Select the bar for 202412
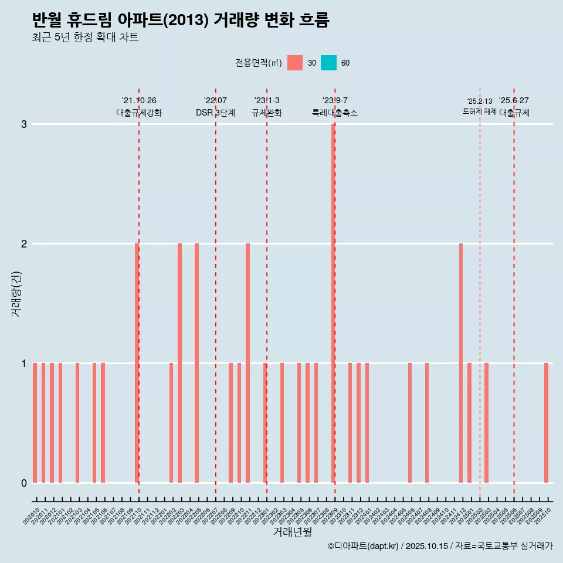(x=461, y=364)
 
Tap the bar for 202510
(x=546, y=422)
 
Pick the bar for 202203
(x=179, y=364)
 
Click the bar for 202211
(x=247, y=364)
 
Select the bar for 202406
(x=410, y=422)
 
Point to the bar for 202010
(x=35, y=422)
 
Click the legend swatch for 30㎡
(x=295, y=63)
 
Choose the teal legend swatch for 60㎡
(x=328, y=63)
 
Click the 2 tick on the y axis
(x=24, y=244)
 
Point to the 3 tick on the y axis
(x=24, y=124)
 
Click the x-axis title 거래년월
(x=292, y=532)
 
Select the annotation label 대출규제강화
(x=139, y=113)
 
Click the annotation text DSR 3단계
(x=215, y=113)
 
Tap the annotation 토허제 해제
(x=480, y=111)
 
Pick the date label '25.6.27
(x=514, y=101)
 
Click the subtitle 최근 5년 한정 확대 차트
(x=85, y=38)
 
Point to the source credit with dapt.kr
(x=440, y=547)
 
